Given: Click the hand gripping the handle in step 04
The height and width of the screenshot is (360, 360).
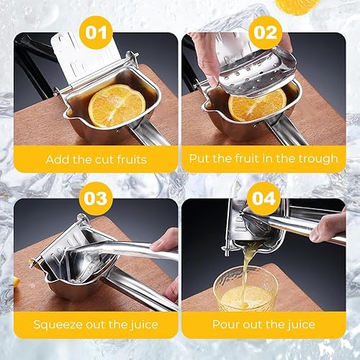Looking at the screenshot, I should click(x=328, y=228).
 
